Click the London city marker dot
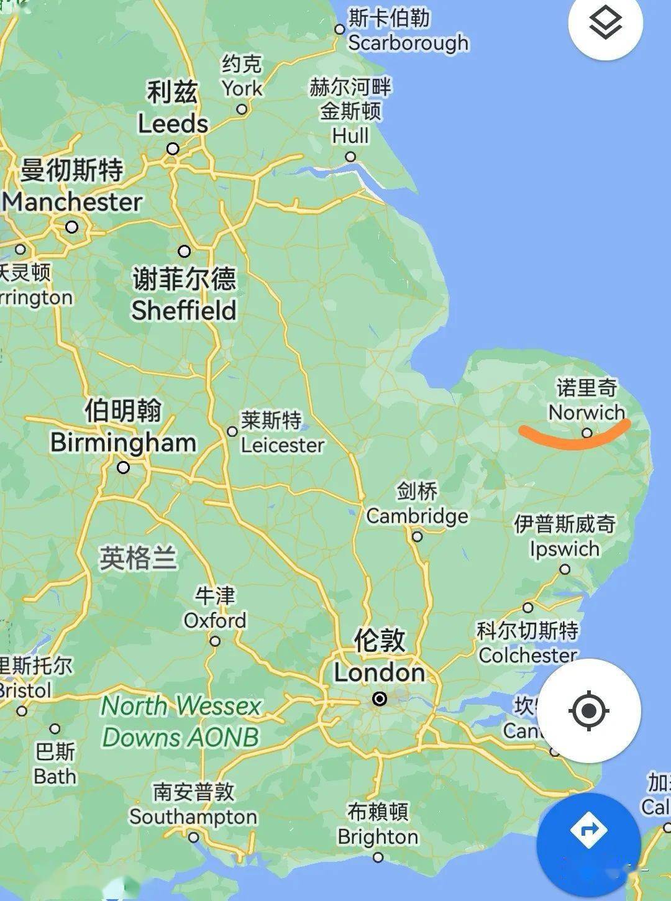pyautogui.click(x=380, y=699)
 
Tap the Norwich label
pyautogui.click(x=587, y=412)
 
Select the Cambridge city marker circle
pyautogui.click(x=418, y=536)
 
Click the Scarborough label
pyautogui.click(x=408, y=43)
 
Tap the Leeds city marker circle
pyautogui.click(x=173, y=149)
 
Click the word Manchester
pyautogui.click(x=73, y=202)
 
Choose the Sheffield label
pyautogui.click(x=184, y=310)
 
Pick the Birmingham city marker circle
pyautogui.click(x=124, y=467)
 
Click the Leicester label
pyautogui.click(x=283, y=445)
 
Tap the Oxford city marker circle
pyautogui.click(x=215, y=641)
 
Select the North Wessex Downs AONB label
pyautogui.click(x=180, y=721)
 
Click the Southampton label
pyautogui.click(x=193, y=816)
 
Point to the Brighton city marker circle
pyautogui.click(x=378, y=858)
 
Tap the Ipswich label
pyautogui.click(x=564, y=549)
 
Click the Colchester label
pyautogui.click(x=527, y=655)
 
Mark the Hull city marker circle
pyautogui.click(x=350, y=157)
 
